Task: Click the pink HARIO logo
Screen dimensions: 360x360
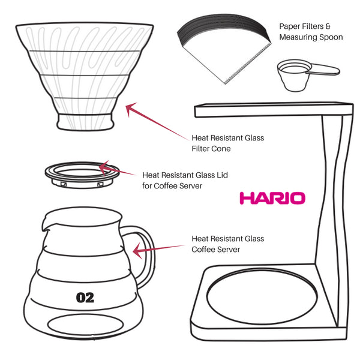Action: [272, 198]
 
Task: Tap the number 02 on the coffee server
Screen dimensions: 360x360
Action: [85, 297]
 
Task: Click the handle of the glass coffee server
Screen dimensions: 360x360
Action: [145, 255]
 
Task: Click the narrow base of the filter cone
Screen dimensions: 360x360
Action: [87, 121]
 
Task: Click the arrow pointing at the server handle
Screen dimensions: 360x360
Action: [159, 249]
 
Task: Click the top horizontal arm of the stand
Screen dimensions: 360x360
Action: [270, 110]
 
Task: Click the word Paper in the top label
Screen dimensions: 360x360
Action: [291, 26]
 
